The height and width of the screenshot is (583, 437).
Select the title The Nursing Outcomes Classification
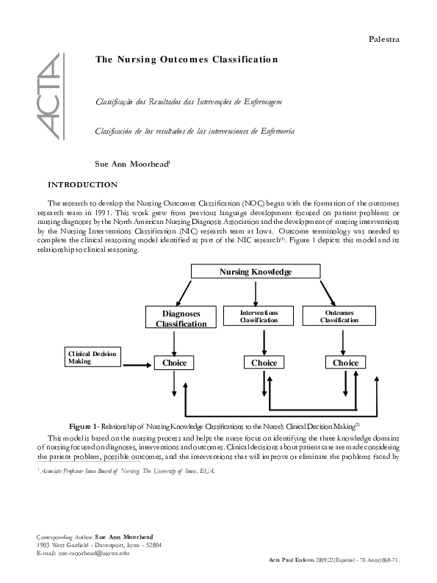pos(187,59)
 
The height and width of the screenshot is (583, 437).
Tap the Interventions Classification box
pos(259,316)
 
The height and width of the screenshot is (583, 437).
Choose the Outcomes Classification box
pos(339,316)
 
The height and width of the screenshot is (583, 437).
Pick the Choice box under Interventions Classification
pos(264,363)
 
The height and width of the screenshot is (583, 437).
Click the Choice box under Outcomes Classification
pos(345,363)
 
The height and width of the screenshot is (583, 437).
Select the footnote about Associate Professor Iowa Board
pos(125,470)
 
